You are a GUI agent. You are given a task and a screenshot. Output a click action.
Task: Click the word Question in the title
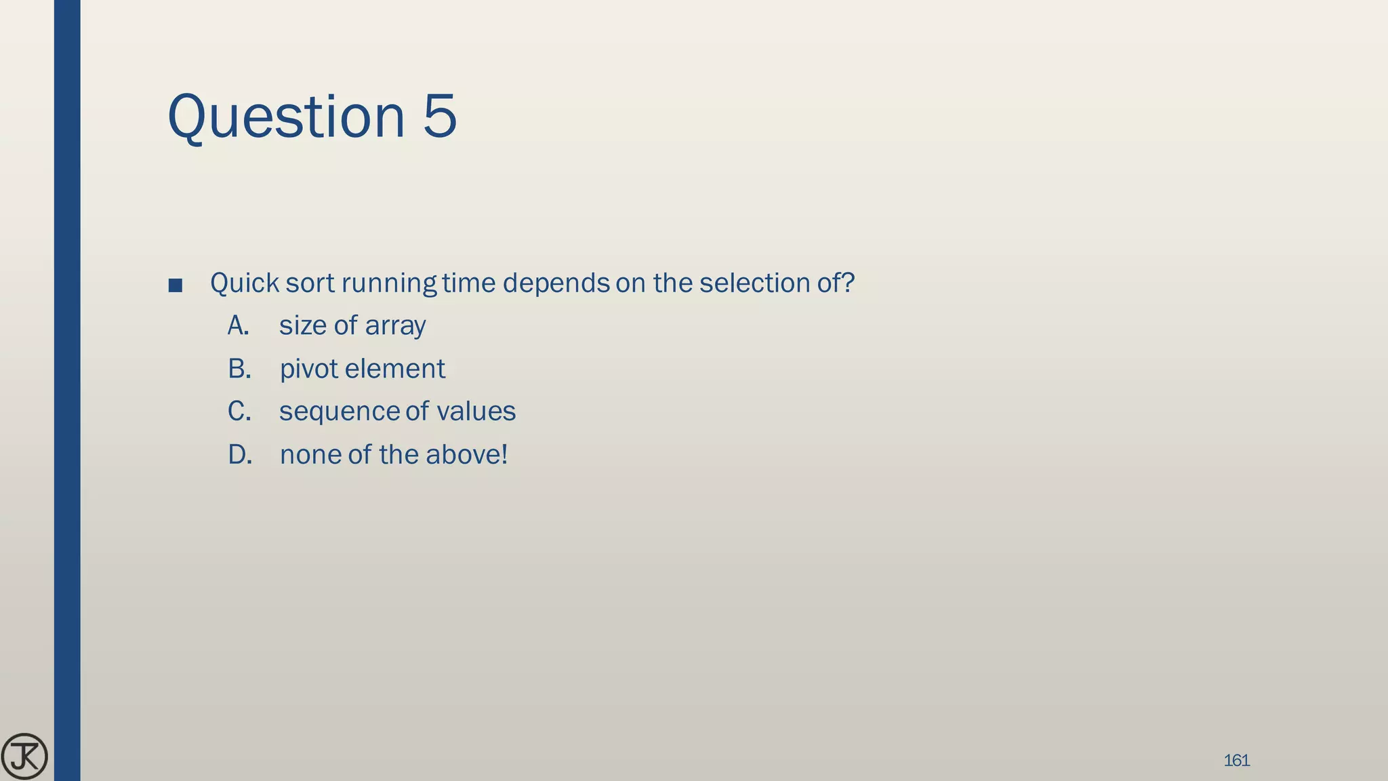(x=286, y=117)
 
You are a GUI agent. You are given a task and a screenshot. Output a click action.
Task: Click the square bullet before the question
(x=176, y=285)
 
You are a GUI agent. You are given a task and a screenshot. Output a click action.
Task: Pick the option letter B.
(x=239, y=369)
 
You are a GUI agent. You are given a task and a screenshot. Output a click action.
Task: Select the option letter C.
(x=239, y=412)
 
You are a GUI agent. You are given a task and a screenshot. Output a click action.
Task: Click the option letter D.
(x=240, y=455)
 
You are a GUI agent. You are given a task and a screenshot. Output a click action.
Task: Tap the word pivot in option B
(x=308, y=369)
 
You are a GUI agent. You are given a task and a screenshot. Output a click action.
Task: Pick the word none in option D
(x=310, y=455)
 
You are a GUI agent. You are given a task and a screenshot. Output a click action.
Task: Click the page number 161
(x=1236, y=761)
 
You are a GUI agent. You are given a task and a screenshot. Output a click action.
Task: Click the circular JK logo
(x=24, y=756)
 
